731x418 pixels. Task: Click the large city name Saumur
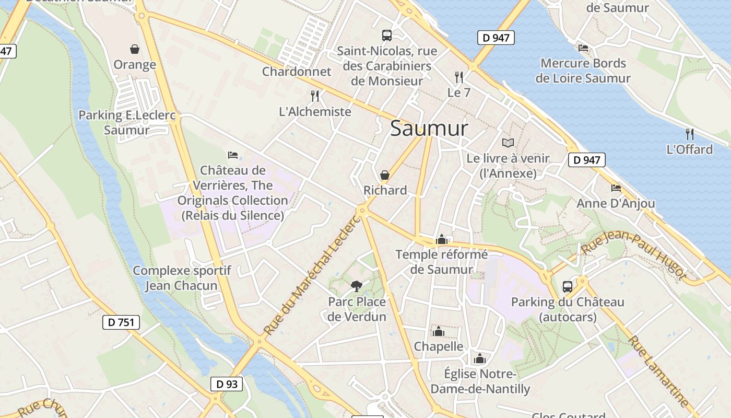pos(429,129)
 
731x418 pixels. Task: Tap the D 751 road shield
pos(121,322)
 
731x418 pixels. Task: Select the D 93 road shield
pos(227,384)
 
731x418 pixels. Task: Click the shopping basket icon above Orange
pos(135,49)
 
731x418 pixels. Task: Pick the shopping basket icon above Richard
pos(385,175)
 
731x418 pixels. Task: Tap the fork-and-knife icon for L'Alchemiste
pos(315,96)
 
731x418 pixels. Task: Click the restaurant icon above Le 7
pos(459,77)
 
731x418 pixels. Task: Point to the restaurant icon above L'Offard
pos(690,134)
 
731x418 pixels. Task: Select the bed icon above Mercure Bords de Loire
pos(583,48)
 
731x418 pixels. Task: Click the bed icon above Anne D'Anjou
pos(616,188)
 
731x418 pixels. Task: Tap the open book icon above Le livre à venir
pos(508,143)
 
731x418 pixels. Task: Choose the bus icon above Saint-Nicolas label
pos(387,36)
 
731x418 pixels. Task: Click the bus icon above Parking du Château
pos(568,286)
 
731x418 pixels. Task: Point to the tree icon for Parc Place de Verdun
pos(357,286)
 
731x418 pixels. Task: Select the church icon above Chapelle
pos(438,331)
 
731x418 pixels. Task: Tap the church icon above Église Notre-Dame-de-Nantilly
pos(480,358)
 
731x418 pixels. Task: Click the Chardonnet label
pos(297,72)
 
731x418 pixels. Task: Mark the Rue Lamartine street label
pos(657,371)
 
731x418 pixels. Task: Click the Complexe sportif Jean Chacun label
pos(182,278)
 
